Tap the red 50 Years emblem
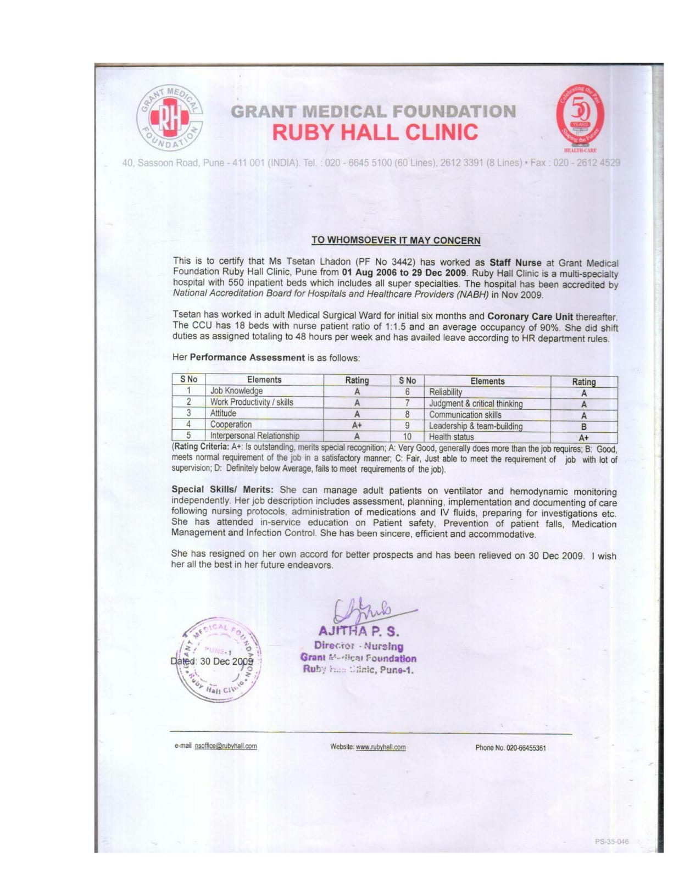click(x=580, y=116)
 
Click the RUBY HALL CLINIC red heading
click(x=375, y=132)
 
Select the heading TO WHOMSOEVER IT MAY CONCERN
click(x=396, y=240)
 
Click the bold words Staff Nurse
click(x=515, y=263)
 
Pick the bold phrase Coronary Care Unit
click(x=530, y=316)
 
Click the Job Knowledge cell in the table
click(x=236, y=391)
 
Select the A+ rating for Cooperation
click(x=357, y=425)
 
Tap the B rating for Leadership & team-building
click(x=583, y=426)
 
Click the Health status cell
click(x=451, y=437)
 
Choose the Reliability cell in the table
click(x=446, y=392)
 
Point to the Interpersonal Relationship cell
click(x=254, y=436)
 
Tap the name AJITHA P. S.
click(x=359, y=631)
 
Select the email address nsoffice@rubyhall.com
click(x=226, y=746)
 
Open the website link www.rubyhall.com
click(x=381, y=747)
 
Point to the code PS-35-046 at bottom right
click(x=611, y=841)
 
